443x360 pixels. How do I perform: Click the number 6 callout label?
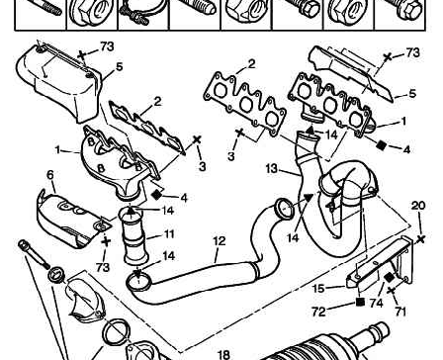pos(50,175)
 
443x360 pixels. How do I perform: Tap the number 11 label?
pos(169,234)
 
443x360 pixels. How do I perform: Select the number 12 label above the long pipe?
pos(220,241)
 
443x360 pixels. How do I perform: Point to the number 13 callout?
pos(272,169)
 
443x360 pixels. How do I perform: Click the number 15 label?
pos(318,289)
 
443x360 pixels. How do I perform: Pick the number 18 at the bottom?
pos(223,355)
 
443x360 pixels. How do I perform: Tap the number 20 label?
pos(418,206)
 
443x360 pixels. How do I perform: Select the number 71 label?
pos(400,312)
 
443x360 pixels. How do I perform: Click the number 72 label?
pos(318,312)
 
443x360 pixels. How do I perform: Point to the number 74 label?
pos(376,303)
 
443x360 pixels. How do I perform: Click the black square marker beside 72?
pos(360,302)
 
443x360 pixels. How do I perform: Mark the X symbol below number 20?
pos(421,239)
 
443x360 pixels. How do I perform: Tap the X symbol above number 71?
pos(392,291)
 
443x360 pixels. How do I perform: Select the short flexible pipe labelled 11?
pos(134,237)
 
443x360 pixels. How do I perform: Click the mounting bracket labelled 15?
pos(379,264)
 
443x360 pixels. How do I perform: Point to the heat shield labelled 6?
pos(72,219)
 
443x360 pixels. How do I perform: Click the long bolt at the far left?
pos(34,254)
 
